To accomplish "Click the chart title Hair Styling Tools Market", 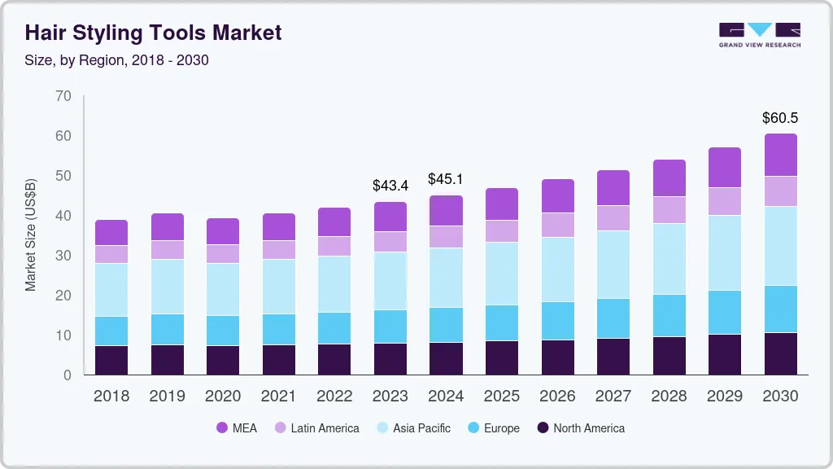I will click(x=153, y=33).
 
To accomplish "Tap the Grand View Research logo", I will click(x=759, y=35).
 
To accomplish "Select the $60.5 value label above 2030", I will click(x=779, y=118).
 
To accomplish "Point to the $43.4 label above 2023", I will click(x=390, y=186).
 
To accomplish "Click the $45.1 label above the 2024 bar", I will click(x=446, y=179).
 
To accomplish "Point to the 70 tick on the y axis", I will click(x=63, y=96).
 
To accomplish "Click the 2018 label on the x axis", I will click(x=111, y=396).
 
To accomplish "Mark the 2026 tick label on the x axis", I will click(x=557, y=396).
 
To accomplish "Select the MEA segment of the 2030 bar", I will click(x=780, y=155).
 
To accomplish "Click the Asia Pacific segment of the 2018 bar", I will click(x=111, y=290).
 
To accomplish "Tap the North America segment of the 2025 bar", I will click(x=502, y=357).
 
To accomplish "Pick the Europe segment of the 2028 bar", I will click(x=669, y=315).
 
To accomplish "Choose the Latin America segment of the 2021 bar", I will click(x=279, y=250).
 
